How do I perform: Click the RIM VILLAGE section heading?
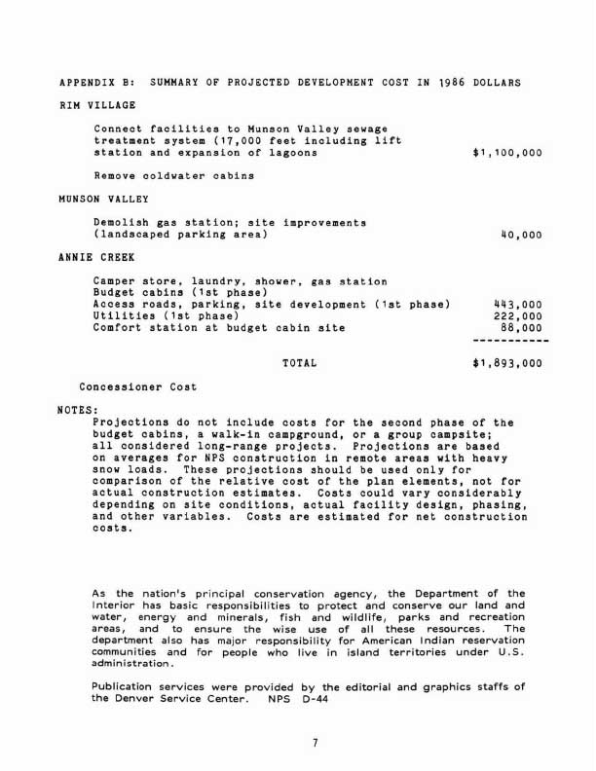[x=97, y=105]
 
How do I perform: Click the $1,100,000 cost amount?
[x=506, y=153]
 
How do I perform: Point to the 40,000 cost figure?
[x=520, y=235]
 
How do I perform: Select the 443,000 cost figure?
[x=519, y=305]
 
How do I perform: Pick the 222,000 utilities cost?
[x=519, y=316]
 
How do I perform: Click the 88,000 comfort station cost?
[x=522, y=328]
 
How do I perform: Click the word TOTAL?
[x=299, y=363]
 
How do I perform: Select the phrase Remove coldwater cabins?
[x=173, y=176]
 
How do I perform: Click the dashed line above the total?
[x=510, y=341]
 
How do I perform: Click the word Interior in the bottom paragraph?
[x=115, y=606]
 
